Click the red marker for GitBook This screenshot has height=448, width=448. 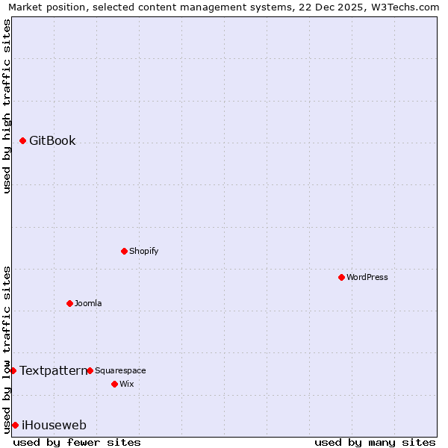point(22,140)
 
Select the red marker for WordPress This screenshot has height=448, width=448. point(341,277)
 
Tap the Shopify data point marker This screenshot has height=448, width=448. point(124,251)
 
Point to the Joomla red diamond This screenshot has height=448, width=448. point(69,303)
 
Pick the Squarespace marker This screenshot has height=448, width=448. point(90,370)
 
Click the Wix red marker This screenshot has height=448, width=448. point(114,384)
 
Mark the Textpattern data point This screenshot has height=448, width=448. point(13,370)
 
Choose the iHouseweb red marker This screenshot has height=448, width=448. point(15,425)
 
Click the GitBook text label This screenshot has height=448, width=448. point(52,140)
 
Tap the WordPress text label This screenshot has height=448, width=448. point(367,277)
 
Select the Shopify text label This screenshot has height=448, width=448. point(144,251)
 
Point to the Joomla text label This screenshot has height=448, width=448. point(88,303)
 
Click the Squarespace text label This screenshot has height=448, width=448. point(120,370)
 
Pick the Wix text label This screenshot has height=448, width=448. point(127,384)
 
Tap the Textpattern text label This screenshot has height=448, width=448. point(53,370)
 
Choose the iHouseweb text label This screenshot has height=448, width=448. point(54,426)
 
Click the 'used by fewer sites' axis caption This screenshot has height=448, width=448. point(77,442)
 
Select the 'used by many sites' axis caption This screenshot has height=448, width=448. point(375,442)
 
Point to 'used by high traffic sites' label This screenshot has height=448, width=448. point(7,106)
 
